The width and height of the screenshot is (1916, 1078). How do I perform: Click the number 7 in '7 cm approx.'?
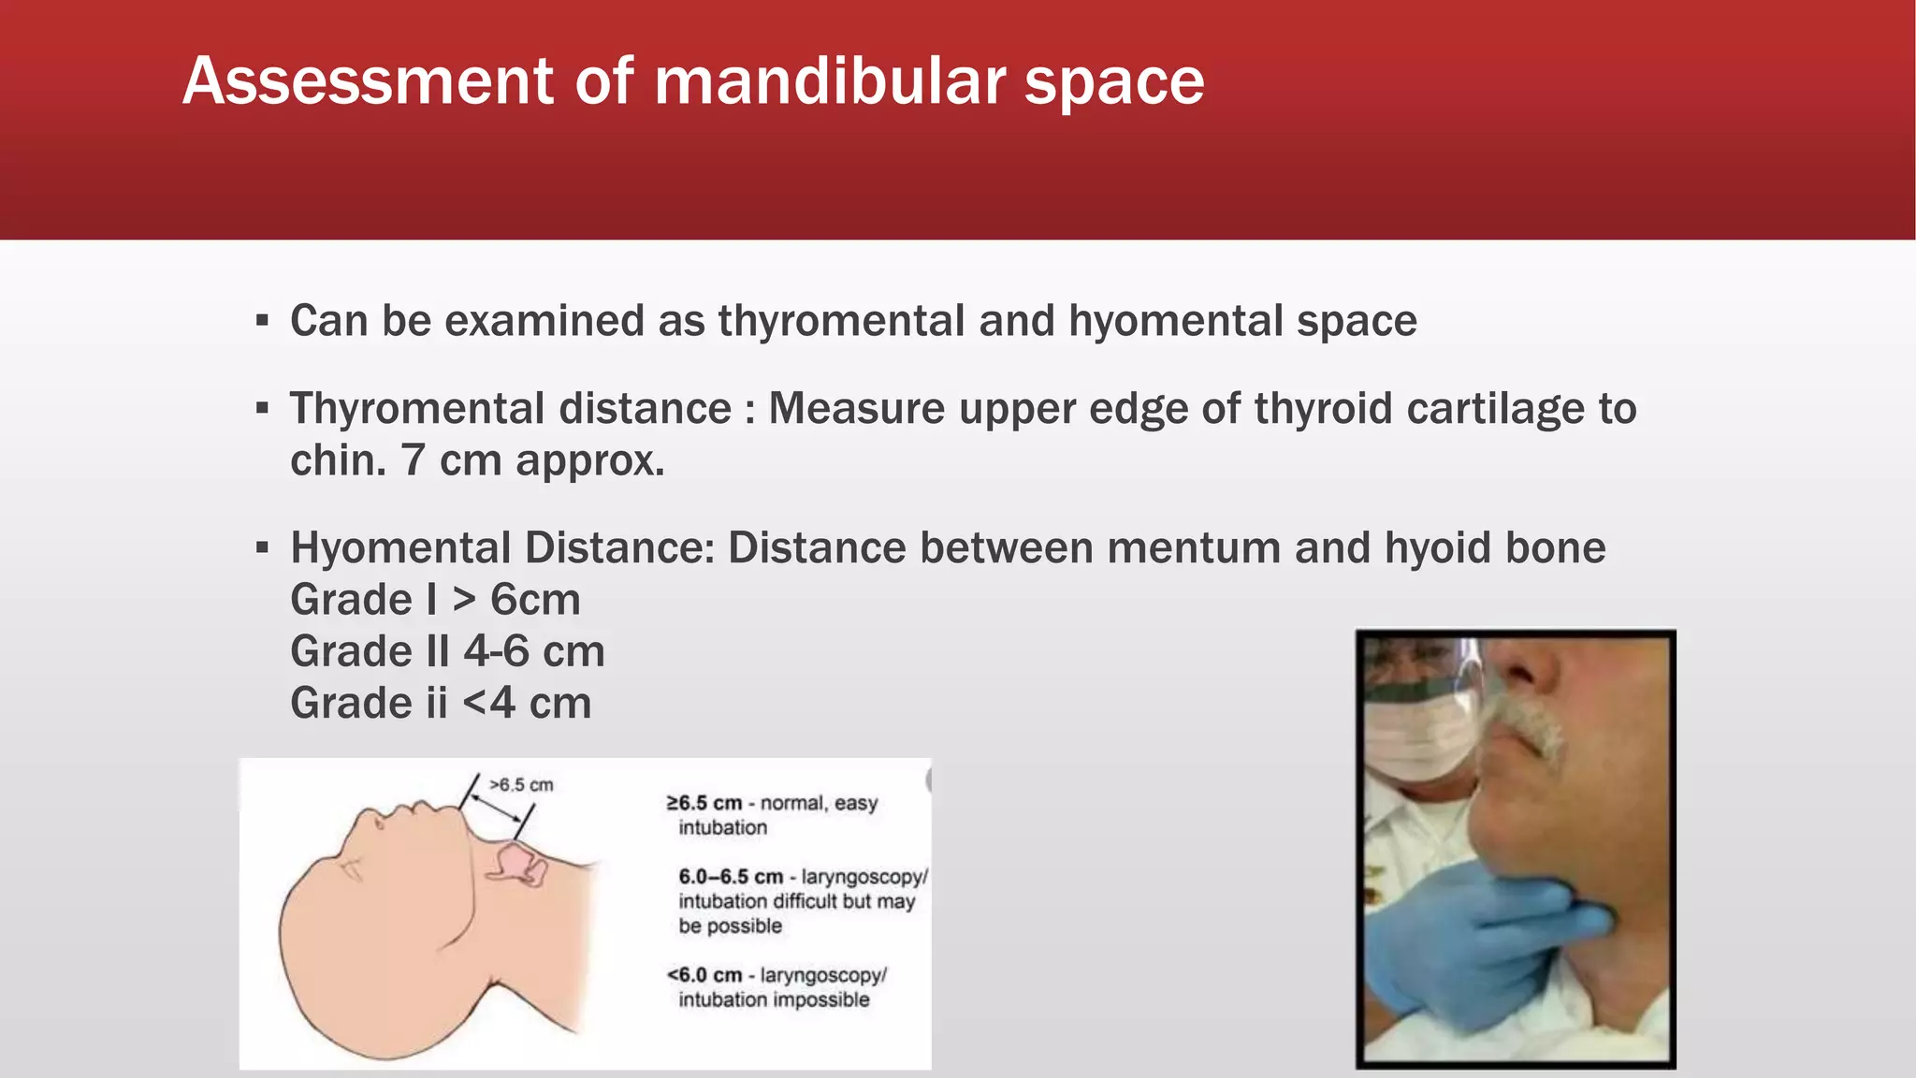414,460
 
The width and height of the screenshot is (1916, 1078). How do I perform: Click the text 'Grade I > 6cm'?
435,600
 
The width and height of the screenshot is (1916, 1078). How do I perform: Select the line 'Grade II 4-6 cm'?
447,651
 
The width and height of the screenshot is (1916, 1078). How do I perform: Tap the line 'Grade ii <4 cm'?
441,703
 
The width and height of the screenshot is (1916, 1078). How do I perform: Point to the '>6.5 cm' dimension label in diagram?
521,785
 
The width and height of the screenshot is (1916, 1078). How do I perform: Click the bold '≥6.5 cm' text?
704,804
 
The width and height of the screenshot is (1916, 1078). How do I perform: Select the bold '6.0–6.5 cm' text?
731,877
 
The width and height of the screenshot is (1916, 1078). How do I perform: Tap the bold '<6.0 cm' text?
704,975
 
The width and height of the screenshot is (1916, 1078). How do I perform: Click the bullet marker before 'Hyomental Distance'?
262,547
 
